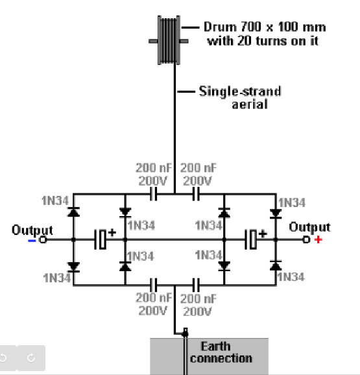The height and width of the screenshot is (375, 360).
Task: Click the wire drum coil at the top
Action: (169, 40)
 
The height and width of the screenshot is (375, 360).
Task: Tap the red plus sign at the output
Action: (318, 239)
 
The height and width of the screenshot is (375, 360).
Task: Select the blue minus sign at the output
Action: (32, 241)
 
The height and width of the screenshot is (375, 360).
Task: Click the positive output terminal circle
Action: (306, 239)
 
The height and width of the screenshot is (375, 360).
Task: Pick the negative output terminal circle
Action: (43, 239)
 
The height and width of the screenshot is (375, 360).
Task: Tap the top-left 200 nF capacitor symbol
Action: (154, 194)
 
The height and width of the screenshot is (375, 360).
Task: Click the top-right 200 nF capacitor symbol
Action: (196, 194)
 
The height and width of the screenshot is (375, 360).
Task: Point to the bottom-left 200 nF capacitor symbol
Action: (154, 285)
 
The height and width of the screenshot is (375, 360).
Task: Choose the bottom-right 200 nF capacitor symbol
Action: (196, 285)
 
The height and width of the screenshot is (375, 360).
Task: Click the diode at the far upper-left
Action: (74, 212)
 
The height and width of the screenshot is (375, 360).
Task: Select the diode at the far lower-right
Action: (276, 265)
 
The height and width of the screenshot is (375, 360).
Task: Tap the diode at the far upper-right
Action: (276, 213)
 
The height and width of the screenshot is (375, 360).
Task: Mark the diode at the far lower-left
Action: (74, 267)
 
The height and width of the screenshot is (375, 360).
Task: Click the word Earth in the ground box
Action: (215, 346)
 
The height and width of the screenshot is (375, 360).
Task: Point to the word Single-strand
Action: (240, 91)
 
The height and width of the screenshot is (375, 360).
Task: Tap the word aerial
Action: (250, 104)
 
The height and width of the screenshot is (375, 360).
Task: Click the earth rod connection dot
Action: (185, 333)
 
